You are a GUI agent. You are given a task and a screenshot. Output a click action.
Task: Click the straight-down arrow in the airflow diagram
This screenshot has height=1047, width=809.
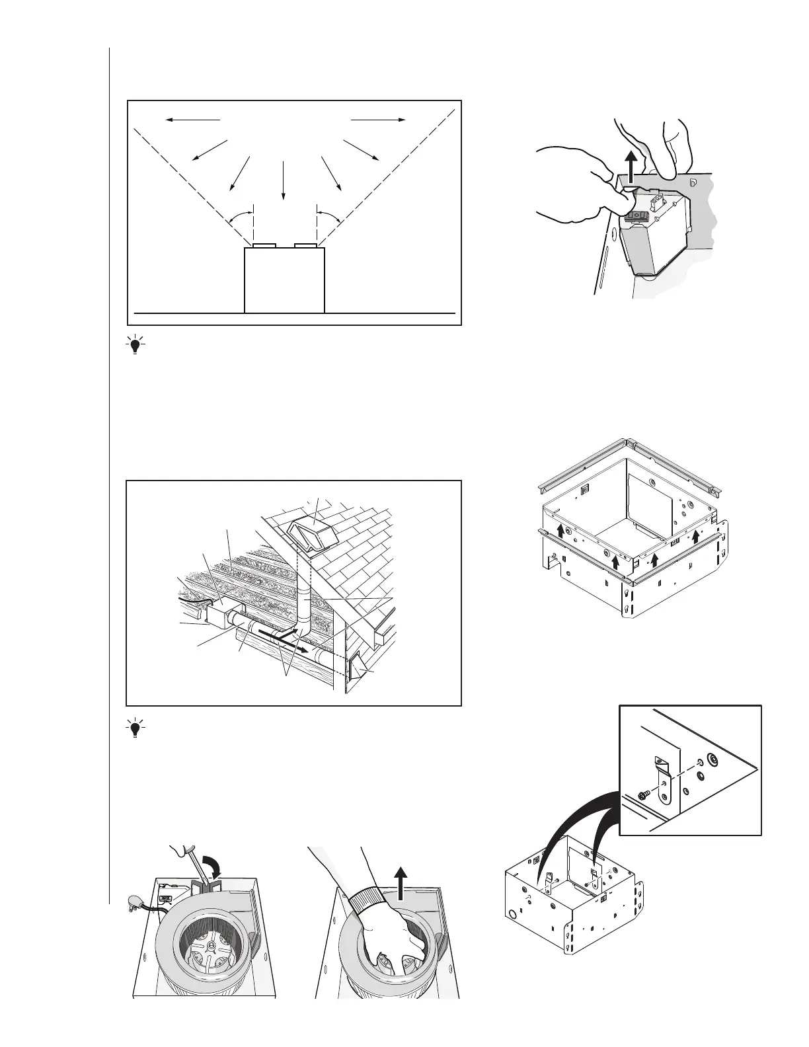(283, 179)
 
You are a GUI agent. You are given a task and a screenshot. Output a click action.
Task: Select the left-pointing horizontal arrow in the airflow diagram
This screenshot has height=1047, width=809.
(192, 120)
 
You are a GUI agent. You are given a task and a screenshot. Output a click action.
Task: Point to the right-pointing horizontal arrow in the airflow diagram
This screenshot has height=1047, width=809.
(378, 120)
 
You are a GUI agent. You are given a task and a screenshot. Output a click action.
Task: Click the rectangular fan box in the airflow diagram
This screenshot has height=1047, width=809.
(284, 280)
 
